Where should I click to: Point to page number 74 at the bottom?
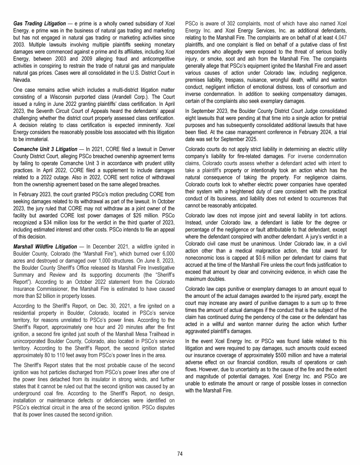(x=180, y=453)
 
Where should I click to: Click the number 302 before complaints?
(x=227, y=23)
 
